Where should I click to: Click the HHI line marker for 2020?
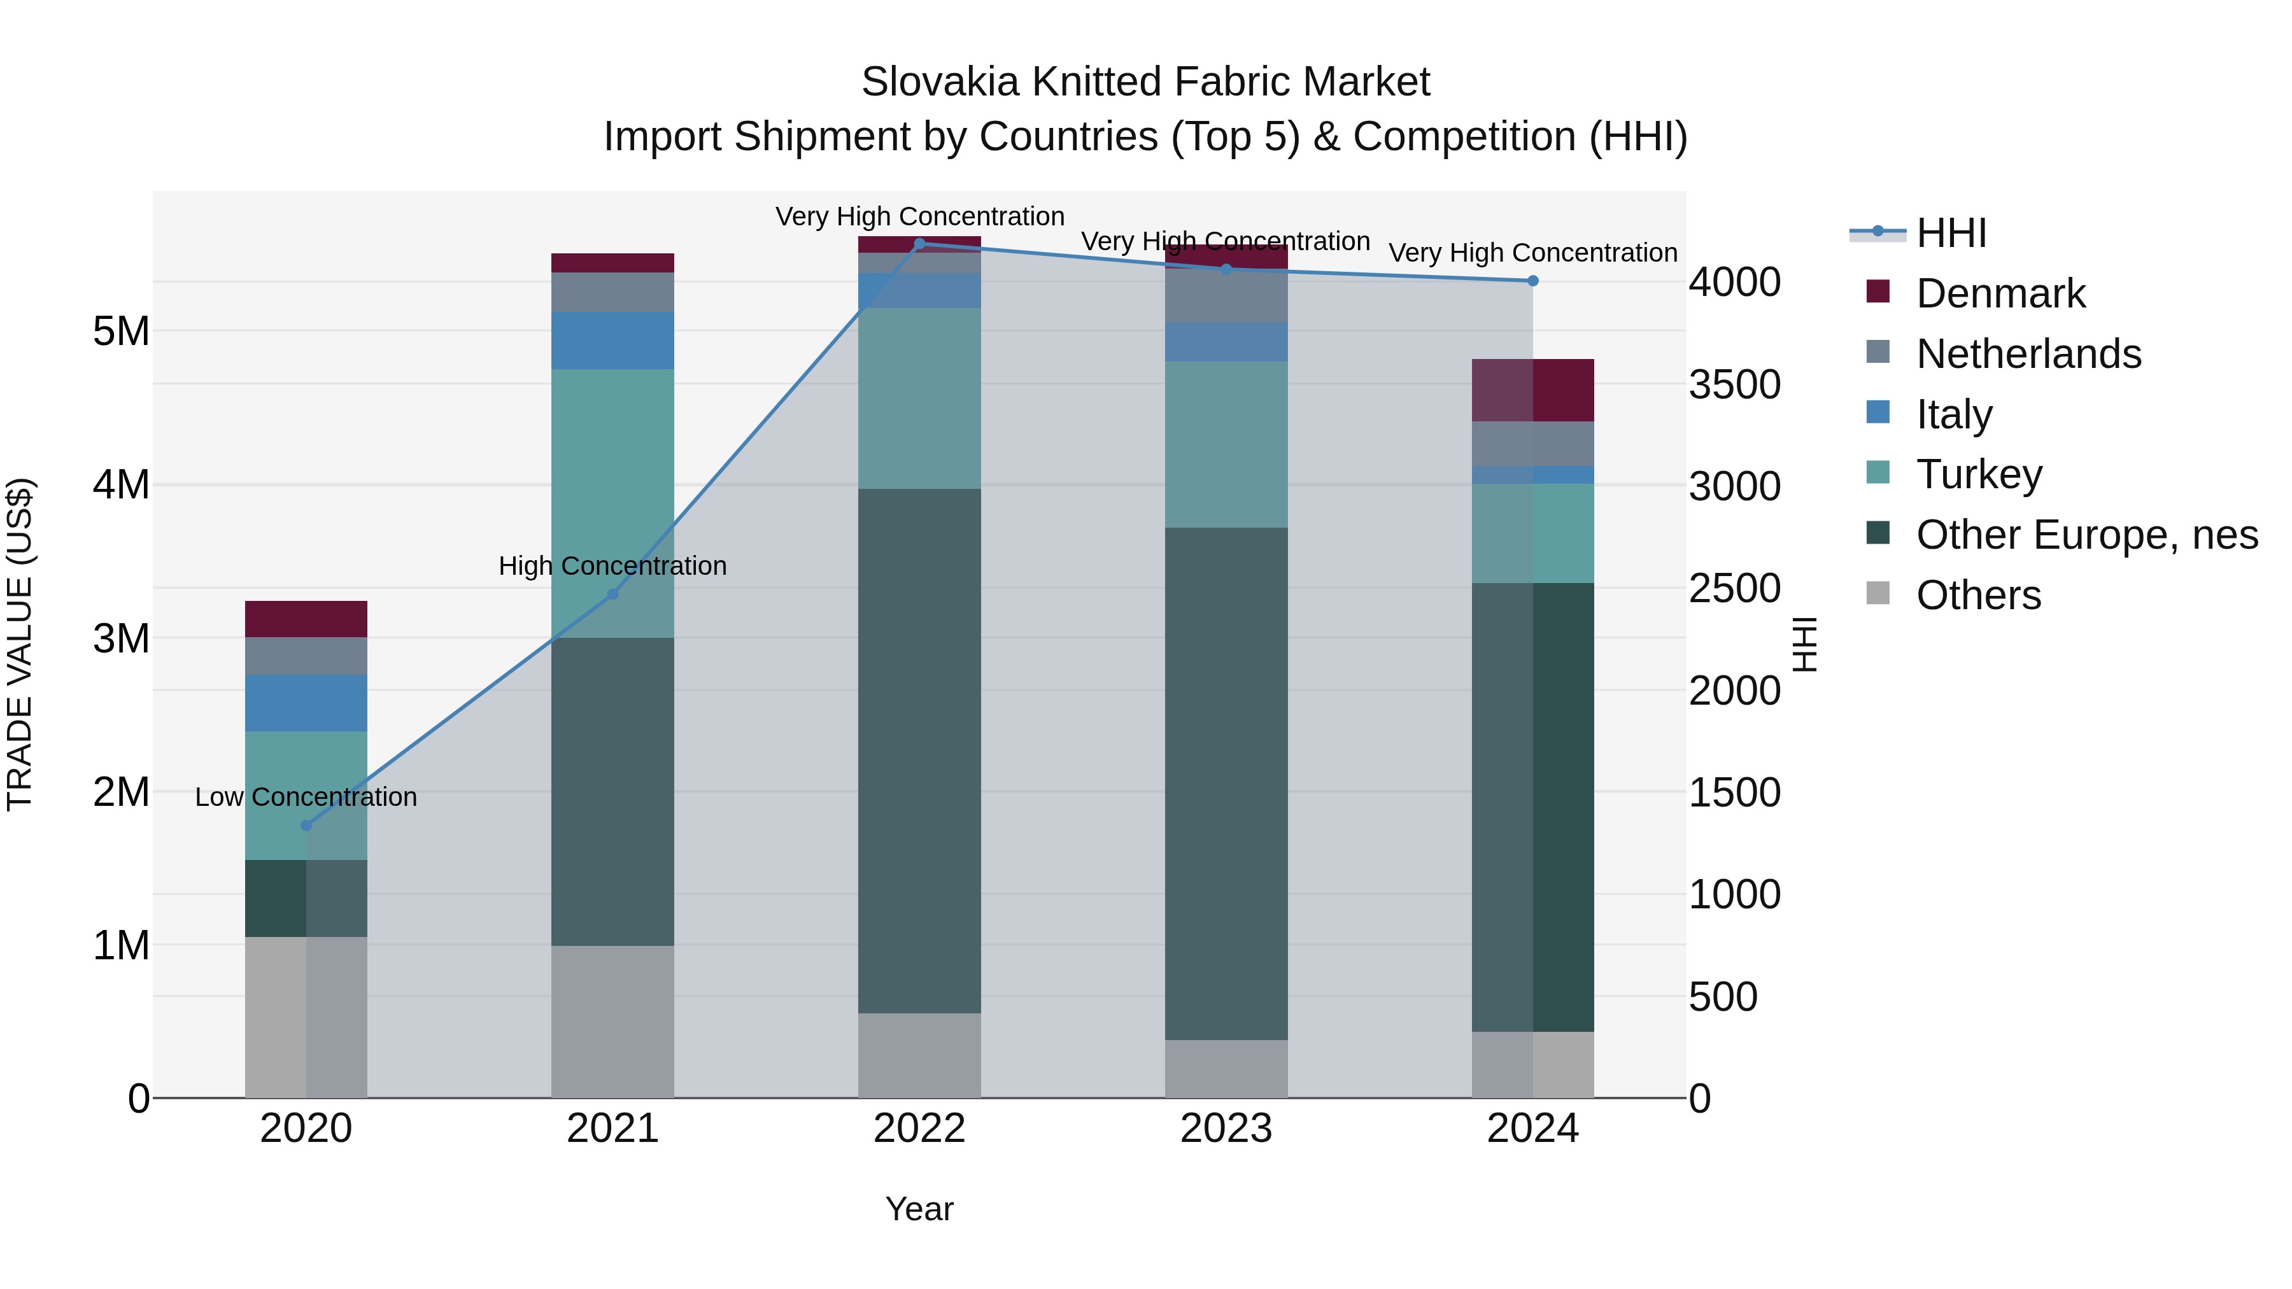[x=306, y=826]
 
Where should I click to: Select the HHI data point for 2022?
[x=920, y=244]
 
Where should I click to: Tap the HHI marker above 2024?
[x=1533, y=281]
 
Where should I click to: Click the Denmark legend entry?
[x=2000, y=293]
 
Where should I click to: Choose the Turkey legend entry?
[x=1979, y=474]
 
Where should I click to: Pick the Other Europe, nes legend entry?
[x=2086, y=535]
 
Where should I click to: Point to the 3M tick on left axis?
[x=121, y=638]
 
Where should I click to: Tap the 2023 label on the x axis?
[x=1226, y=1129]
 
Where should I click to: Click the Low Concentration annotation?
[x=306, y=797]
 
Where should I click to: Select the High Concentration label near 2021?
[x=612, y=566]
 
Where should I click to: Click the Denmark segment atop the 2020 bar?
[x=306, y=619]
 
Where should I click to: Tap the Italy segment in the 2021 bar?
[x=612, y=341]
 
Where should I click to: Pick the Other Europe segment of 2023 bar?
[x=1226, y=783]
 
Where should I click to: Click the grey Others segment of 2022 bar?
[x=919, y=1055]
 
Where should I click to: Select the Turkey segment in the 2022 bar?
[x=919, y=398]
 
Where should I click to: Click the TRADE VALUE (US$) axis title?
[x=20, y=644]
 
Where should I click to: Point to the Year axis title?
[x=919, y=1209]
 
